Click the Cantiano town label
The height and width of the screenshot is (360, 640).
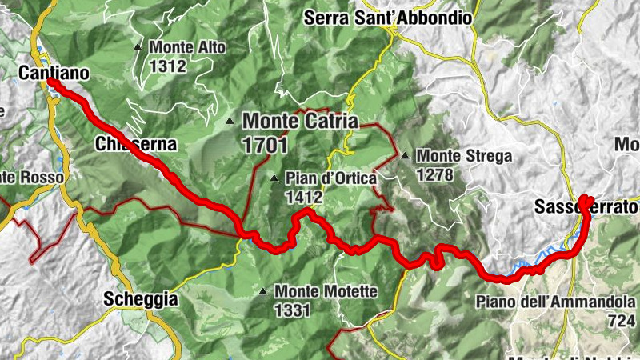54,73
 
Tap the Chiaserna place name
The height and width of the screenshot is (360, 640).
134,145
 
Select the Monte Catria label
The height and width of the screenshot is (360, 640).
301,122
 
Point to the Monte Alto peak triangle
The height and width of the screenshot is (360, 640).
138,47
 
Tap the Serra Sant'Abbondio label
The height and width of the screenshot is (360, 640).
387,18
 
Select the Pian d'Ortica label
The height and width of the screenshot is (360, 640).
330,179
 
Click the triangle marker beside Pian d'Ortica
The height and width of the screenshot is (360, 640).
274,178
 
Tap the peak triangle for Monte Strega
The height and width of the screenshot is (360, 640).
406,156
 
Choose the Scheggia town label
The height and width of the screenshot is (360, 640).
141,299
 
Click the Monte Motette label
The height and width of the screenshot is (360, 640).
325,292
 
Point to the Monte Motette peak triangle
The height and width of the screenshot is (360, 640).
263,291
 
